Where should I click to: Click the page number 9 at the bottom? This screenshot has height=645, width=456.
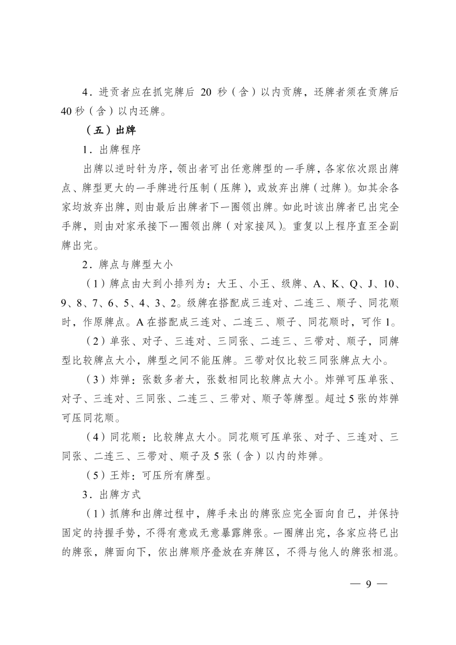point(368,584)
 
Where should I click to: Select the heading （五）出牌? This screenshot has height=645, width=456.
point(111,130)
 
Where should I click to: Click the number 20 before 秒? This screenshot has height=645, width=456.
point(206,92)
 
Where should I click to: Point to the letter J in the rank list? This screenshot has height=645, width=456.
point(370,284)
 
